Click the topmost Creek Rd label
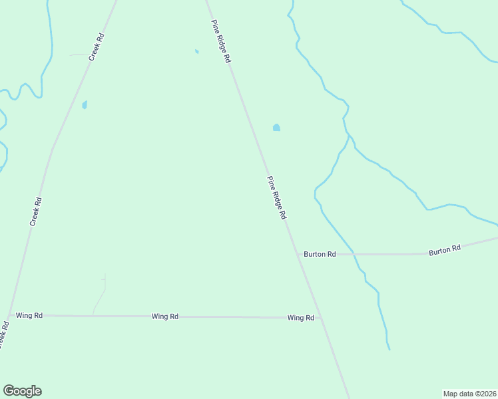pos(97,47)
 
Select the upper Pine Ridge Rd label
pos(221,41)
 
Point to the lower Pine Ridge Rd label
pos(276,198)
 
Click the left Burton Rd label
pos(320,254)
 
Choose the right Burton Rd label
pos(445,250)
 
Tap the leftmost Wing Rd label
pos(29,315)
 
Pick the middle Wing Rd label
pos(164,317)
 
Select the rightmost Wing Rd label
pos(301,318)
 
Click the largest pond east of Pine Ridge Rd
pos(276,128)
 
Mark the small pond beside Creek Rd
pos(85,104)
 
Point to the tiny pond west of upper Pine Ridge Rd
pos(196,51)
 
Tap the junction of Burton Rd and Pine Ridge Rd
pos(298,254)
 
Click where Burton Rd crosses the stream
pos(354,254)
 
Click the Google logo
pos(22,391)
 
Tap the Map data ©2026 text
pos(469,394)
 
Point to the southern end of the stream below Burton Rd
pos(389,348)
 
